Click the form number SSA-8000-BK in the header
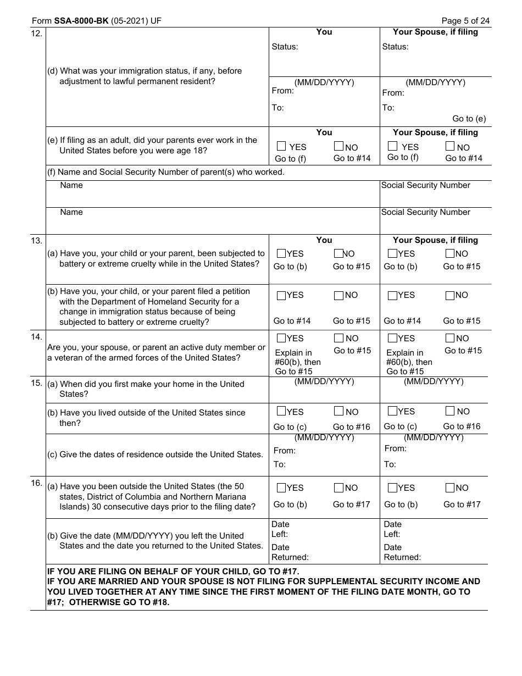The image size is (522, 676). tap(81, 21)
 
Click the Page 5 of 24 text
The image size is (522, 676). tap(465, 21)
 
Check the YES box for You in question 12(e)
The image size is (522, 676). tap(281, 146)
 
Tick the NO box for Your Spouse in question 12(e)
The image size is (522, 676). tap(450, 146)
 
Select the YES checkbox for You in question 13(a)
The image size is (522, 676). tap(281, 253)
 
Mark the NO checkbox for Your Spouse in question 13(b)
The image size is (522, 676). tap(450, 295)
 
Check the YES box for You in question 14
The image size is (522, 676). tap(281, 338)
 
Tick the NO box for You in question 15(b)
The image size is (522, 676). tap(338, 411)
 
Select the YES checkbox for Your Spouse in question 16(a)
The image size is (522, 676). tap(392, 487)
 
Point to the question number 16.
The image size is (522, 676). tap(37, 483)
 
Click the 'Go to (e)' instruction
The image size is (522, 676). tap(469, 119)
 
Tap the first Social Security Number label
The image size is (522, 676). tap(425, 185)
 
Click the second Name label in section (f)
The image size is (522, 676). tap(71, 212)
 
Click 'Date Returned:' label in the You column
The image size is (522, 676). tap(290, 552)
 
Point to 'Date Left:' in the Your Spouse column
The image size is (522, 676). tap(392, 529)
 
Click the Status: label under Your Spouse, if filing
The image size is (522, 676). tap(395, 47)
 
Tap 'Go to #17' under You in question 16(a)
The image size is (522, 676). tap(351, 504)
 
